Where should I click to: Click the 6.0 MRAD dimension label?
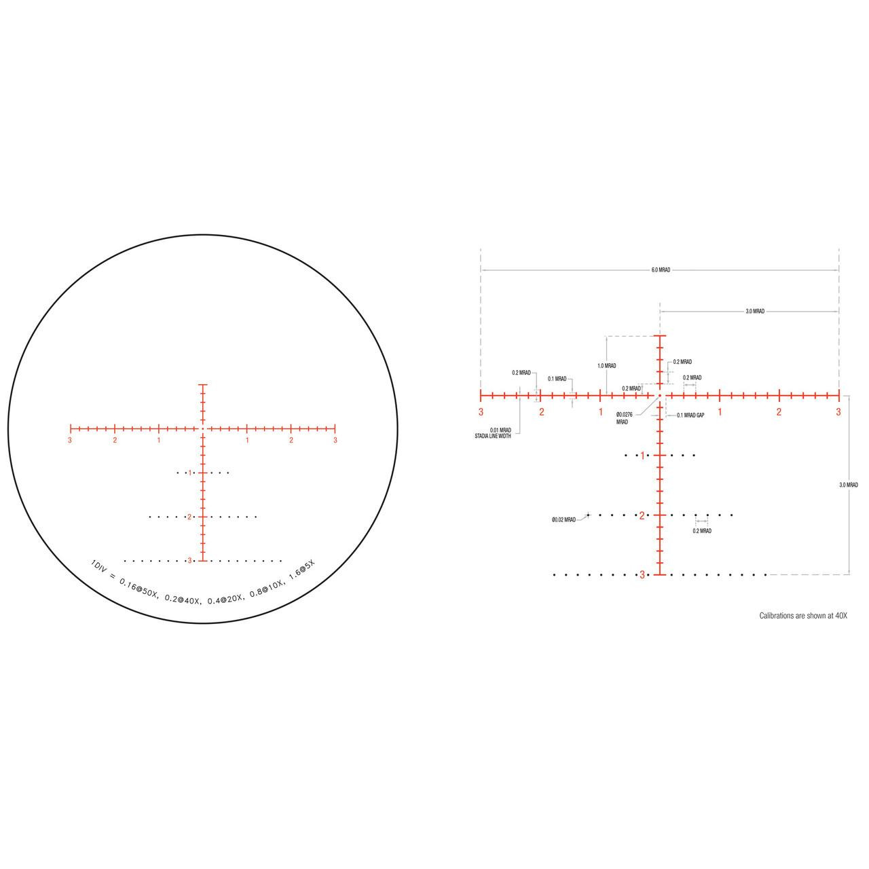(x=661, y=270)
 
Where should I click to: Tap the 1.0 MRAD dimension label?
(x=607, y=366)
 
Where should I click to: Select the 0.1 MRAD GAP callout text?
(x=690, y=415)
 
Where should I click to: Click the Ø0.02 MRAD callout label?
(x=563, y=519)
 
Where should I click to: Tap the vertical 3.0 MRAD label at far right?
(x=848, y=485)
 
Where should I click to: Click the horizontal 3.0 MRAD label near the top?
(x=755, y=311)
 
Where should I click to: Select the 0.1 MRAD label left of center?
(x=557, y=379)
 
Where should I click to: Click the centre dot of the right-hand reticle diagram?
(x=659, y=394)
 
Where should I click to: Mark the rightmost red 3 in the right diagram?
(x=838, y=412)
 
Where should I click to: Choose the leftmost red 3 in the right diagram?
(x=481, y=412)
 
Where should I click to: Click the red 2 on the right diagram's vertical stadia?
(x=642, y=515)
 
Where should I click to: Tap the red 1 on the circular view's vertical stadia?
(x=190, y=473)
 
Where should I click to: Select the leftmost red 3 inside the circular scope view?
(x=70, y=441)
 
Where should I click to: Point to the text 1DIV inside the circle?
(x=99, y=565)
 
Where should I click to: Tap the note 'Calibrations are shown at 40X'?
(x=803, y=616)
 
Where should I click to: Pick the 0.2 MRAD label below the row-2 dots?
(x=702, y=531)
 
